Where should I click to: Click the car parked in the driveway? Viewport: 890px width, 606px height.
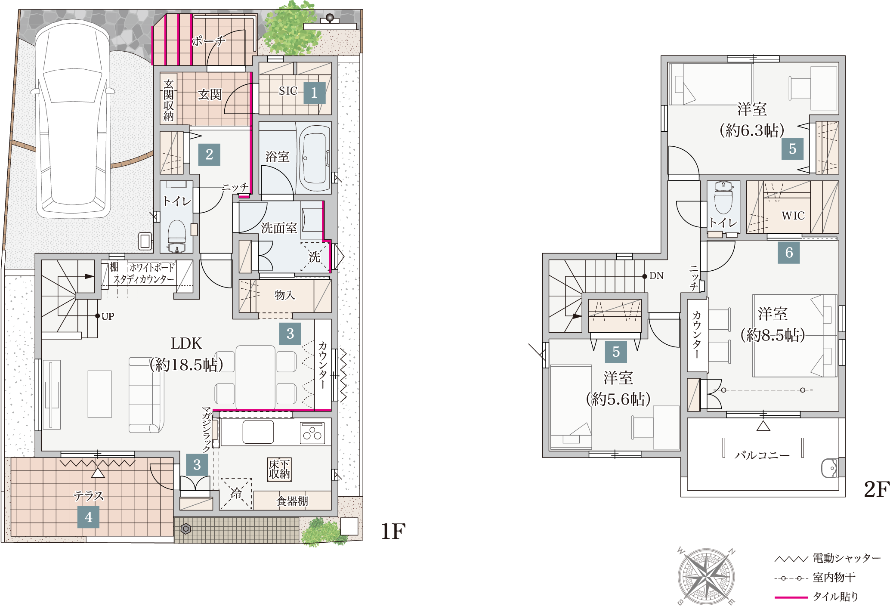point(72,119)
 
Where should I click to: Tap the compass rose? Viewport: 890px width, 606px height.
point(706,576)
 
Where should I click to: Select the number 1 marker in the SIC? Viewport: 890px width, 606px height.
point(314,93)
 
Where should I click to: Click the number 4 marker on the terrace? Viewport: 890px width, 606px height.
point(88,517)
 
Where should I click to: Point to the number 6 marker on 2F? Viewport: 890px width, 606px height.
point(789,253)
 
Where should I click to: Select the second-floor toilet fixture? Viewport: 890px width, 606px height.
point(723,198)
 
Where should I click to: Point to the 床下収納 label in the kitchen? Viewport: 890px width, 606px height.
point(279,469)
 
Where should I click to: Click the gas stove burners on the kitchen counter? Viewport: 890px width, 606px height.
point(312,433)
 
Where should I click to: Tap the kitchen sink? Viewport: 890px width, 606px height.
point(258,432)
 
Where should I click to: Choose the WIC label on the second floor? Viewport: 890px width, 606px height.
point(793,216)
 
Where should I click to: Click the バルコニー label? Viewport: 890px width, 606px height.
point(762,455)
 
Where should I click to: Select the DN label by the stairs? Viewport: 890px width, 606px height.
point(656,276)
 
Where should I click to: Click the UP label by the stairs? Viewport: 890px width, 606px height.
point(108,316)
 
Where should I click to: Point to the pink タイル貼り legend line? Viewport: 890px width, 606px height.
point(791,597)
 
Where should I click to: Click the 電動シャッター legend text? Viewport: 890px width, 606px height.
point(847,558)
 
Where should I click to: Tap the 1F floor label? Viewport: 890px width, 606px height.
point(393,532)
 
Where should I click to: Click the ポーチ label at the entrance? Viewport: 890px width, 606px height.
point(208,41)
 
